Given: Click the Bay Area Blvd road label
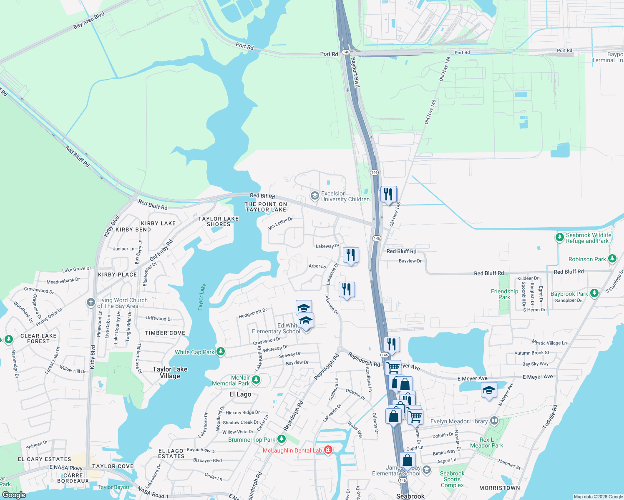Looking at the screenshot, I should point(89,20).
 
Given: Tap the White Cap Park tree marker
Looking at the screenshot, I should point(221,352).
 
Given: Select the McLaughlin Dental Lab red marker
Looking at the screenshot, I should point(328,450).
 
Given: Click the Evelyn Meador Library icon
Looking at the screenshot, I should point(494,421).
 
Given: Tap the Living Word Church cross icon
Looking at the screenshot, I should point(91,302).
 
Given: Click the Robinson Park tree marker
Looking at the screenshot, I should point(612,259).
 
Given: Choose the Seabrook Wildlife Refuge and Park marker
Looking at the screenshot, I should point(559,237).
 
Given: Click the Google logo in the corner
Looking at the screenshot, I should point(14,495).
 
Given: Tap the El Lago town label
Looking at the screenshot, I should point(240,394).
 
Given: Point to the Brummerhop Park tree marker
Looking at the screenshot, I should point(282,439).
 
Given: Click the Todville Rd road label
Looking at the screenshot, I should point(549,417).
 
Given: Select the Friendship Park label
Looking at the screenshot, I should point(504,294).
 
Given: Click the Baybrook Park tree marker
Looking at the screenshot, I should point(594,293).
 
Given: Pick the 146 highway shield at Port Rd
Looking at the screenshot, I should point(345,52).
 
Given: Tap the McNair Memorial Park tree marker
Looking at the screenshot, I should point(256,380).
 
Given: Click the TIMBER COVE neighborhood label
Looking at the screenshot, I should point(165,333).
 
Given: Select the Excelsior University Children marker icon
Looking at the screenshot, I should point(315,195).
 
